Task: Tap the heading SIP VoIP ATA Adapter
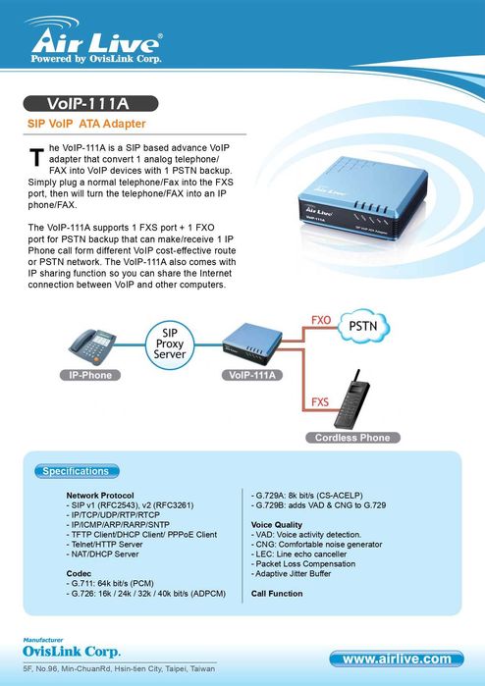click(x=86, y=125)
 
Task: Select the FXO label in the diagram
click(x=320, y=321)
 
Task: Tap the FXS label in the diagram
click(x=320, y=402)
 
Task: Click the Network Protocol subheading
click(x=99, y=496)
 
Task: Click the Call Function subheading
click(x=278, y=594)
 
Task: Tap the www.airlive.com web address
click(x=397, y=658)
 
